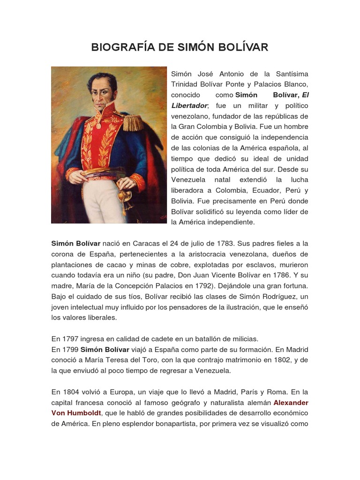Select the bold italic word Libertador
pyautogui.click(x=189, y=105)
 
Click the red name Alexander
pyautogui.click(x=291, y=403)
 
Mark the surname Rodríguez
pyautogui.click(x=277, y=296)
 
